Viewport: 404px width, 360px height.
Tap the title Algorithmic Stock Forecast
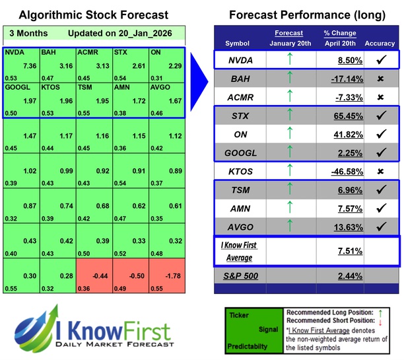coord(90,15)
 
